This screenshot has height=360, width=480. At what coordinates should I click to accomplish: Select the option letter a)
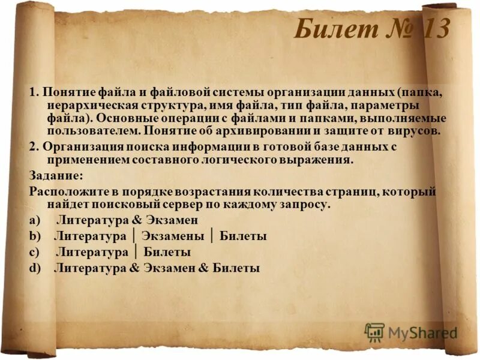[34, 221]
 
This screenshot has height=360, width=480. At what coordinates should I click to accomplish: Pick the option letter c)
[34, 252]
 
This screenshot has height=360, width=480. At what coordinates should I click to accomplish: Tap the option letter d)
[34, 268]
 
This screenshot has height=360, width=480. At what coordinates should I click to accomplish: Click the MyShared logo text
[423, 332]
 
